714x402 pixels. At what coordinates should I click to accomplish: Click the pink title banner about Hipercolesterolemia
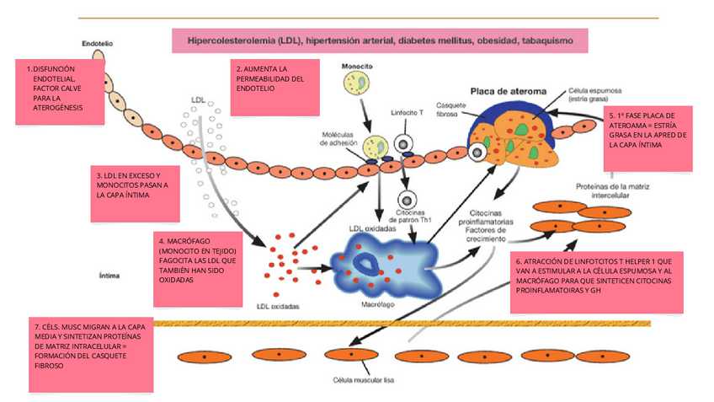tap(381, 40)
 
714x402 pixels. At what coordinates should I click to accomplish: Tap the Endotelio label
tap(98, 43)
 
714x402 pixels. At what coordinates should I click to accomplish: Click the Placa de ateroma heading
tap(508, 91)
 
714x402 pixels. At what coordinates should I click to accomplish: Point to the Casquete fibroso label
tap(447, 110)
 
